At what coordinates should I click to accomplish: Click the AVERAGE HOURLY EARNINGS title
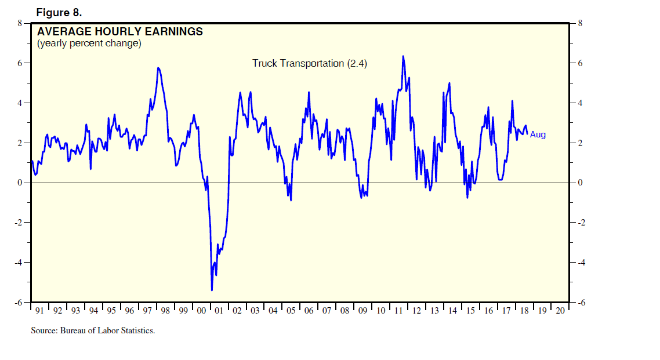[x=120, y=32]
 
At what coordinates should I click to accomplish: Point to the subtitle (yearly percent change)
[x=89, y=43]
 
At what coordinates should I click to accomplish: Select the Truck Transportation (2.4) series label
[x=310, y=63]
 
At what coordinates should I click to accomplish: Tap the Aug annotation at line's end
[x=538, y=134]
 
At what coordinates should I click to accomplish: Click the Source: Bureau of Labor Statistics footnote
[x=93, y=331]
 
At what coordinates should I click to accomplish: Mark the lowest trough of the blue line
[x=212, y=290]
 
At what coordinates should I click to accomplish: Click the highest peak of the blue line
[x=402, y=56]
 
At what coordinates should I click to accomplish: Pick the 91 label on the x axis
[x=39, y=311]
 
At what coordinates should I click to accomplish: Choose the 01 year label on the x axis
[x=219, y=311]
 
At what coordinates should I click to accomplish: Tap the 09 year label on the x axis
[x=362, y=311]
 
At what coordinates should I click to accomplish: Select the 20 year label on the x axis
[x=560, y=311]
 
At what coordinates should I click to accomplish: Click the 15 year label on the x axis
[x=470, y=311]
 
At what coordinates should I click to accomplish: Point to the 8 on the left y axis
[x=20, y=23]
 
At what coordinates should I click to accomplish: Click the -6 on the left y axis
[x=18, y=303]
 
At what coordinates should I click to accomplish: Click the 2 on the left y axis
[x=20, y=143]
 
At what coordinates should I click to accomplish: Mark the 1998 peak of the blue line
[x=158, y=68]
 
